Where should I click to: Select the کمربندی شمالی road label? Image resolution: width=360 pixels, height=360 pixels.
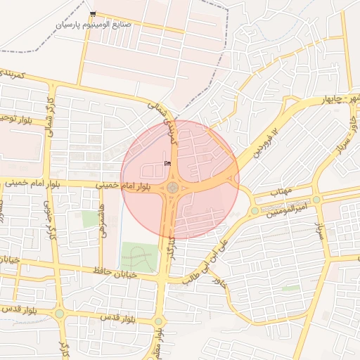pyautogui.click(x=169, y=124)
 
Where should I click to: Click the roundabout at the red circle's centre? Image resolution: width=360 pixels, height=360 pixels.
pyautogui.click(x=172, y=187)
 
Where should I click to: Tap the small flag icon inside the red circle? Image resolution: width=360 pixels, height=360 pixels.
pyautogui.click(x=167, y=163)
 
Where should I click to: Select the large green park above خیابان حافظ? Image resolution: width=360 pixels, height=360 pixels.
pyautogui.click(x=139, y=257)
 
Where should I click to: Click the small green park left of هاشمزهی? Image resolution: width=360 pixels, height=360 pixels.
pyautogui.click(x=90, y=219)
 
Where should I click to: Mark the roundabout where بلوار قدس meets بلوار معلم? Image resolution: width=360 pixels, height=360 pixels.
pyautogui.click(x=158, y=321)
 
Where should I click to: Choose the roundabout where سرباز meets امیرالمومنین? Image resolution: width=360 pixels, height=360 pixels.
pyautogui.click(x=317, y=200)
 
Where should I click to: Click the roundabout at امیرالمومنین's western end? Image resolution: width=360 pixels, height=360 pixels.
pyautogui.click(x=255, y=210)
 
